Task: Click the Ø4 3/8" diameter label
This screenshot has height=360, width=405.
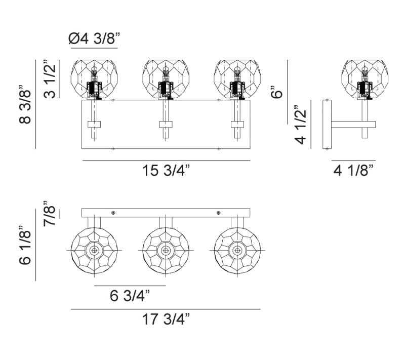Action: tap(94, 39)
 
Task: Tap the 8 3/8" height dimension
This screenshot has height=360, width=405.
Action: tap(25, 104)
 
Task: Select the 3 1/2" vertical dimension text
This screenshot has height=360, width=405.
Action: tap(49, 79)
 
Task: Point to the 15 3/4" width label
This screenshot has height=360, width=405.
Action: tap(166, 171)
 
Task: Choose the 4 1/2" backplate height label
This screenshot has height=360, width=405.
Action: tap(300, 125)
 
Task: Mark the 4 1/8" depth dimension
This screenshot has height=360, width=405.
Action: tap(353, 171)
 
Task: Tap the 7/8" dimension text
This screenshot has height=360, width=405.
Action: tap(49, 213)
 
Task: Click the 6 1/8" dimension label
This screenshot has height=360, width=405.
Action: tap(25, 246)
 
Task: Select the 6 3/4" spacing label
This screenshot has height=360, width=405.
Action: tap(130, 296)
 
